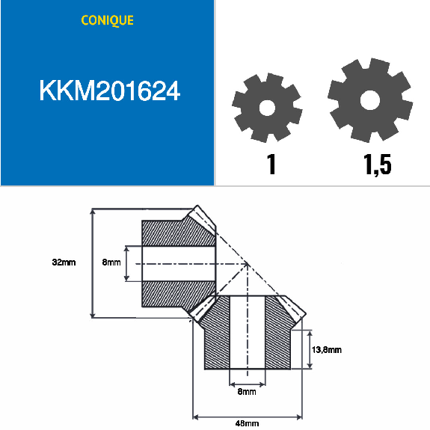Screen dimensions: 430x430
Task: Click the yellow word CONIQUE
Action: [107, 20]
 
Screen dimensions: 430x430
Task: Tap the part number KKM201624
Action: [109, 92]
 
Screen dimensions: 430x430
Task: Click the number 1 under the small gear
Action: [271, 165]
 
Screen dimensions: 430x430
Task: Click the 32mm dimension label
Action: [64, 262]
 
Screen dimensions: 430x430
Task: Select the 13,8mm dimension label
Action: [327, 349]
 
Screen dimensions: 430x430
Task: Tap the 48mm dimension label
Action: [247, 423]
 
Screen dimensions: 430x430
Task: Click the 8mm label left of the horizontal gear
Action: [111, 262]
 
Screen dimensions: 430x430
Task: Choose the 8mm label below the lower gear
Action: [247, 391]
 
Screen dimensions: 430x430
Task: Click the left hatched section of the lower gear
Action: [216, 337]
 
